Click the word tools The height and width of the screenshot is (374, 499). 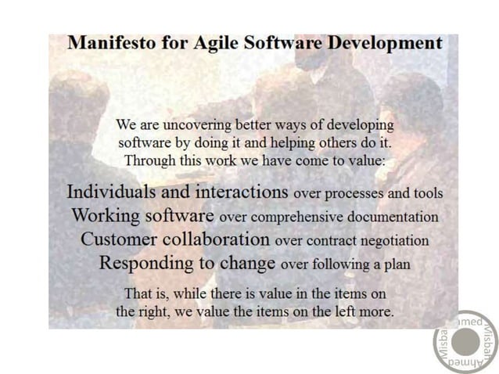[426, 193]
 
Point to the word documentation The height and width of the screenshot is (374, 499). [396, 217]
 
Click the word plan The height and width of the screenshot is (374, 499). [396, 265]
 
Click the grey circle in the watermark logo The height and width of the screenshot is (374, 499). [465, 342]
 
